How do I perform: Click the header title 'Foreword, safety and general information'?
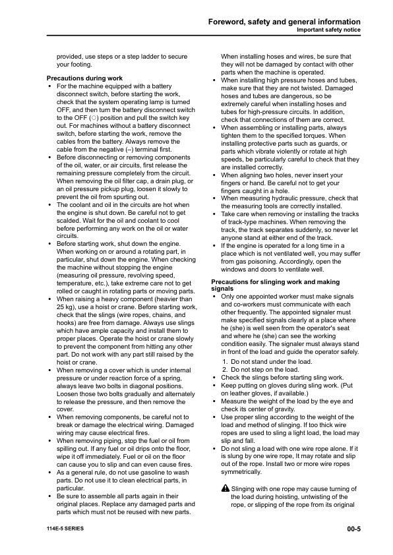[x=284, y=22]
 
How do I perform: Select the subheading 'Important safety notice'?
[x=328, y=30]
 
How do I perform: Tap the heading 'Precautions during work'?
[x=85, y=78]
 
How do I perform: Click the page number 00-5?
[x=353, y=529]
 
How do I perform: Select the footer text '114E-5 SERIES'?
[x=65, y=529]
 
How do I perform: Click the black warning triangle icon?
[x=226, y=488]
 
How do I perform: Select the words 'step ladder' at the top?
[x=140, y=57]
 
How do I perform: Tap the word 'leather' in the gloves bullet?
[x=241, y=393]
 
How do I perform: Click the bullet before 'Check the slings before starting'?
[x=216, y=378]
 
